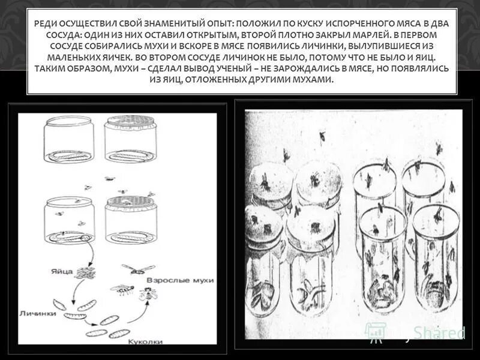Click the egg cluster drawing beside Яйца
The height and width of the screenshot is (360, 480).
click(85, 273)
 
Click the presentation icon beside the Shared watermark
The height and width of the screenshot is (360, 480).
click(376, 331)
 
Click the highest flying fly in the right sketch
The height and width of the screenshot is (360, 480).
click(323, 136)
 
